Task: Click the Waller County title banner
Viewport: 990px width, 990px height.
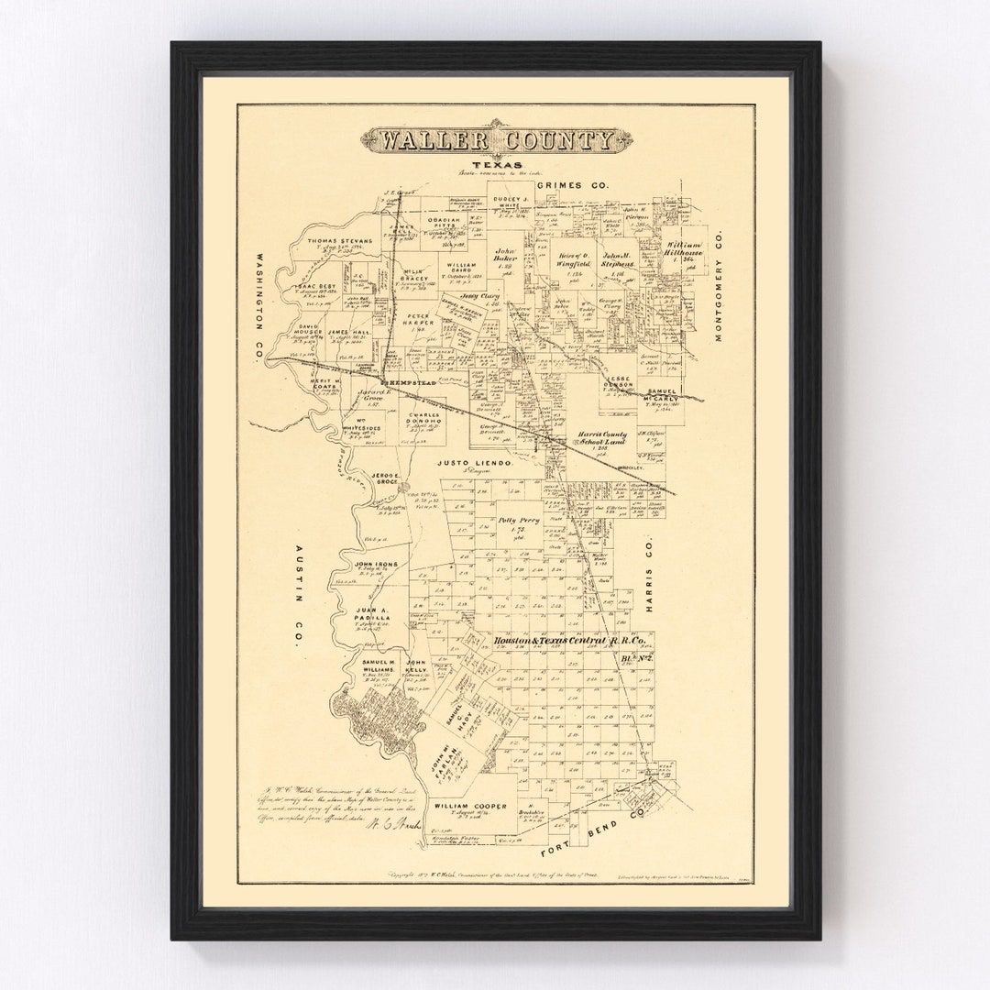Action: (496, 140)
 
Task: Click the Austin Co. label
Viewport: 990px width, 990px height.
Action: (298, 597)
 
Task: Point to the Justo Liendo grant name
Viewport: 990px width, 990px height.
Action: (476, 464)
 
